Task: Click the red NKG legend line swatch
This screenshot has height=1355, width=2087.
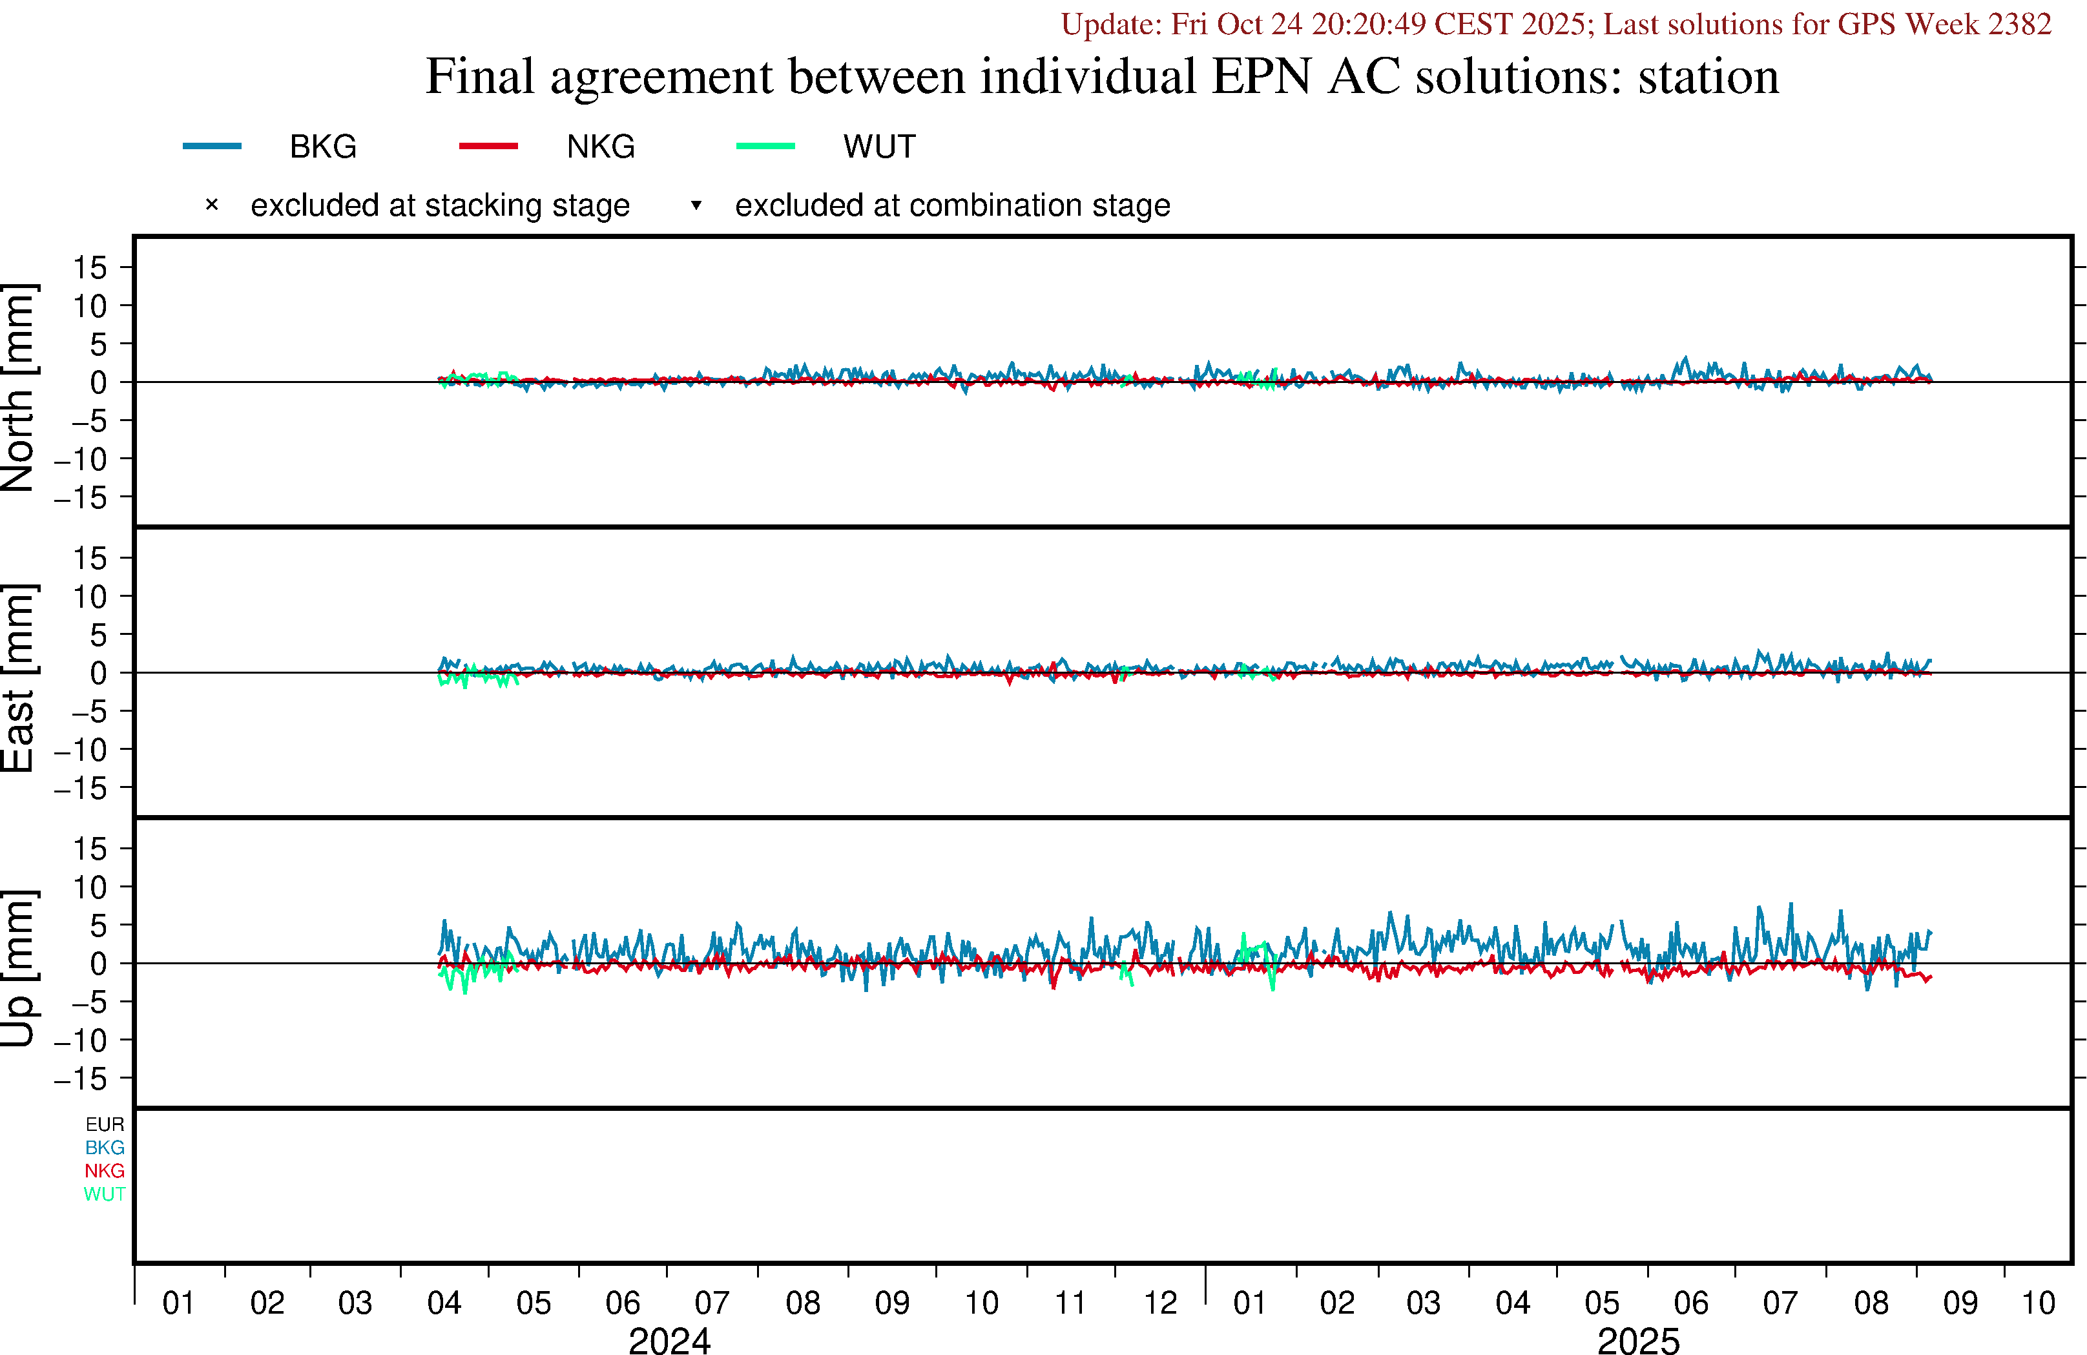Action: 488,145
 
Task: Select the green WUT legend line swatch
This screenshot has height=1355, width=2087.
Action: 765,145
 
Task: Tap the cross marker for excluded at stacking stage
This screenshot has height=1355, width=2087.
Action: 211,205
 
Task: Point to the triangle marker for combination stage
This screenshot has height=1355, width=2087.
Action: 696,205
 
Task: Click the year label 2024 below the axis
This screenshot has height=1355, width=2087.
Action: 669,1340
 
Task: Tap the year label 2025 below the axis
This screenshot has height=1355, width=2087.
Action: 1638,1340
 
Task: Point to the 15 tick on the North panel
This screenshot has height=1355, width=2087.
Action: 89,267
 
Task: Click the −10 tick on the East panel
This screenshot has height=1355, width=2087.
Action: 81,750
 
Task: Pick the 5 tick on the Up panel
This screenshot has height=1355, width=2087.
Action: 98,926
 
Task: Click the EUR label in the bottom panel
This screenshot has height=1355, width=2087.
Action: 105,1124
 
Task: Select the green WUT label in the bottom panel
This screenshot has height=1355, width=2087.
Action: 105,1194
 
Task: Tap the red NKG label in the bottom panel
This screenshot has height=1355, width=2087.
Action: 105,1171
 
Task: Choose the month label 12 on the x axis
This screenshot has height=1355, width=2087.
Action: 1160,1303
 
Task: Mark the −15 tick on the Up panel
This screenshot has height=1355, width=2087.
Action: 81,1079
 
